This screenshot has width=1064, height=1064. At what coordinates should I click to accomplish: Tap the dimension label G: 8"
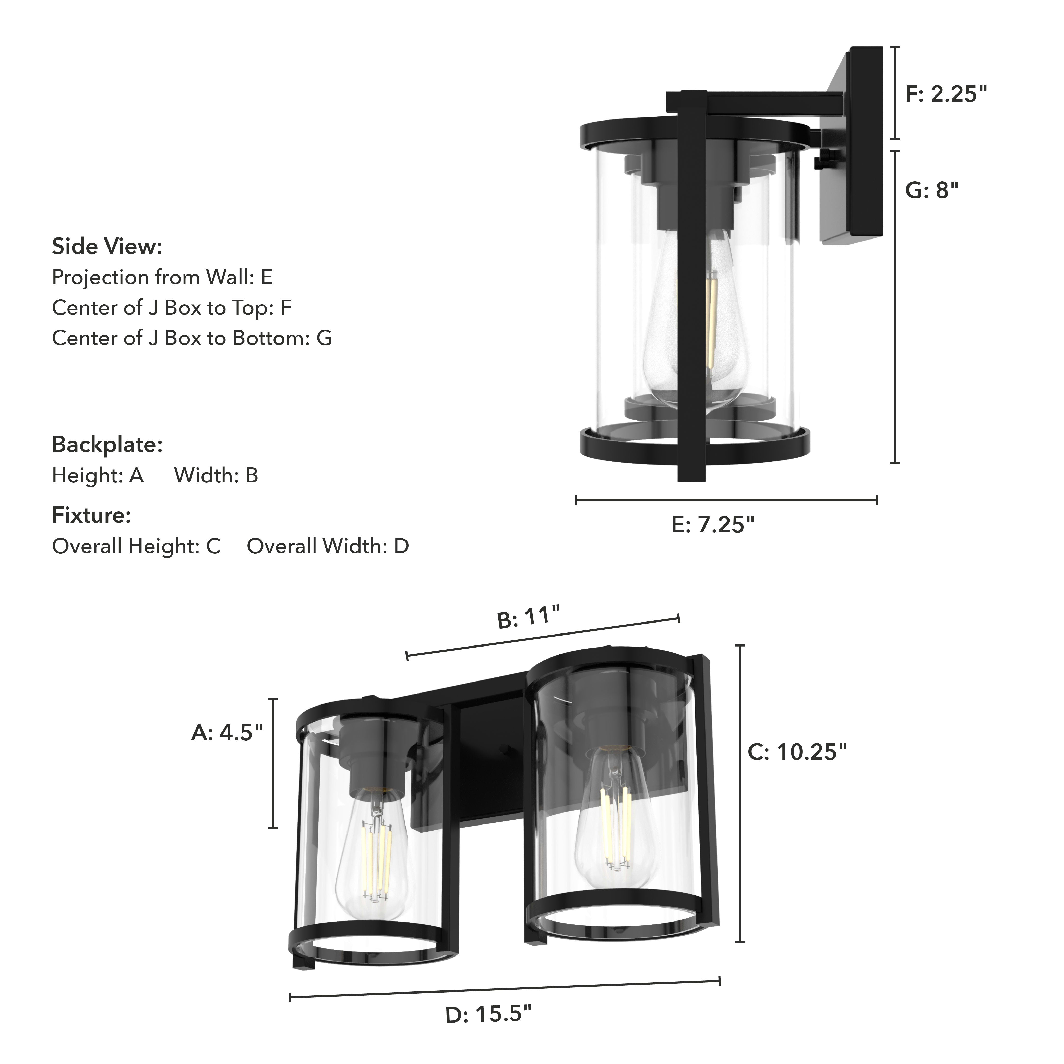tap(932, 190)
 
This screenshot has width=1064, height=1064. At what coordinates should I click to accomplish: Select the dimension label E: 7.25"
tap(713, 525)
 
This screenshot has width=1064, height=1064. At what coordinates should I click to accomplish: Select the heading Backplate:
tap(107, 445)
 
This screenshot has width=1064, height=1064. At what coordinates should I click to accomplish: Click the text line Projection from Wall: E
tap(162, 277)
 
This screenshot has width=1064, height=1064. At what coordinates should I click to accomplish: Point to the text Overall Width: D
tap(328, 546)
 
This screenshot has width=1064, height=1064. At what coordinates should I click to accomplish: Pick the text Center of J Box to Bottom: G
tap(192, 338)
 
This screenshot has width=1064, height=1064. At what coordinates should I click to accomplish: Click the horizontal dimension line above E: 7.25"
tap(726, 500)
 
